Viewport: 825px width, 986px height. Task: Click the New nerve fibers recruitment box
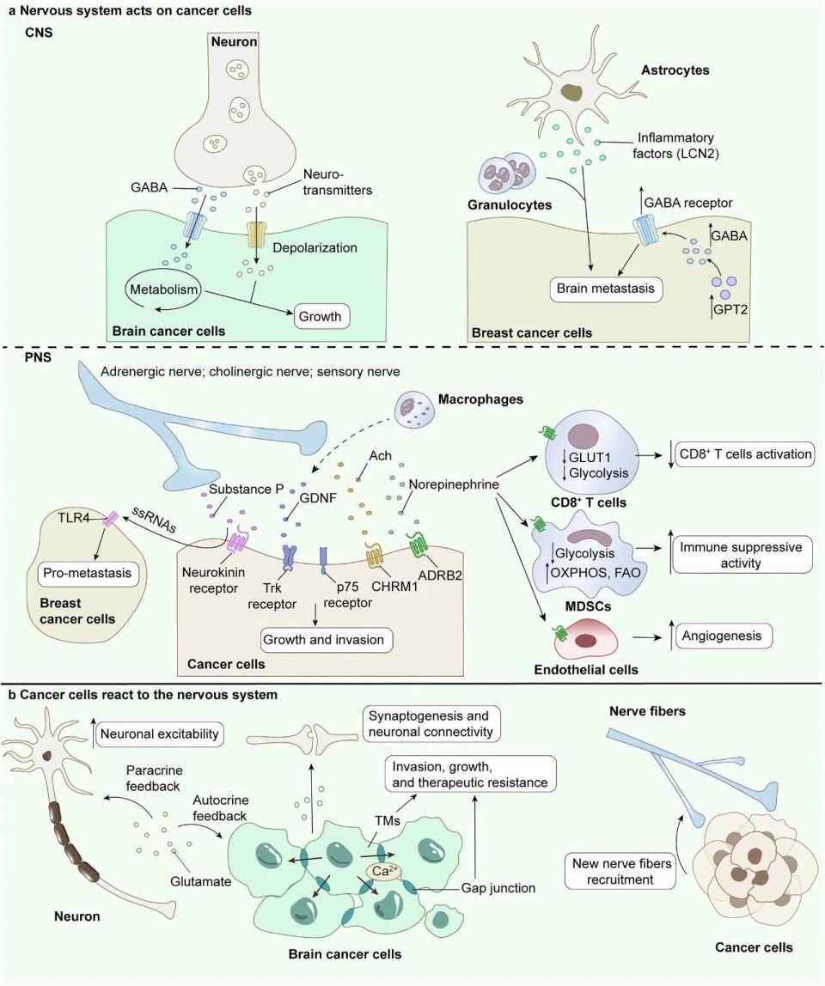point(621,871)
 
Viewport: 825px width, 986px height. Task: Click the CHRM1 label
point(394,587)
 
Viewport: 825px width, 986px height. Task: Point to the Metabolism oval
point(162,290)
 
